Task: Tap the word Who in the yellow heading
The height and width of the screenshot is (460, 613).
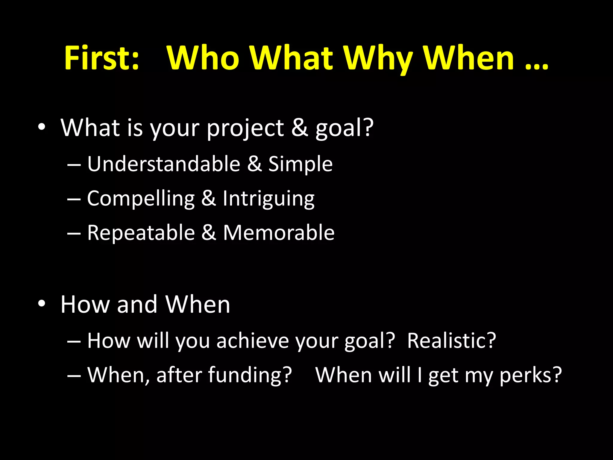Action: (x=203, y=58)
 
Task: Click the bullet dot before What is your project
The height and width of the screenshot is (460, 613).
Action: (x=42, y=127)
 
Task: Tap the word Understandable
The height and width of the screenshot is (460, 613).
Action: (x=164, y=164)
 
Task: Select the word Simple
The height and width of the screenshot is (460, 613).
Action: (x=300, y=164)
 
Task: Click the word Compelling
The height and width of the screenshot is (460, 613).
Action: (x=141, y=199)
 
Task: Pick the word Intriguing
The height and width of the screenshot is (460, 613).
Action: (x=268, y=199)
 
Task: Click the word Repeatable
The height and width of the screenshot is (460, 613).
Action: (x=141, y=233)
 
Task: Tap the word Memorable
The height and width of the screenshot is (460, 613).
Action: (x=279, y=233)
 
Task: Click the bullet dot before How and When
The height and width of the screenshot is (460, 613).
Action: (x=42, y=304)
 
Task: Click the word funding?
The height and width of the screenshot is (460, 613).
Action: (x=250, y=375)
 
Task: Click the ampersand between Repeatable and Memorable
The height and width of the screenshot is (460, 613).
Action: (x=209, y=233)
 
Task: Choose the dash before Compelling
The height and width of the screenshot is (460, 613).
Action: (x=74, y=199)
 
